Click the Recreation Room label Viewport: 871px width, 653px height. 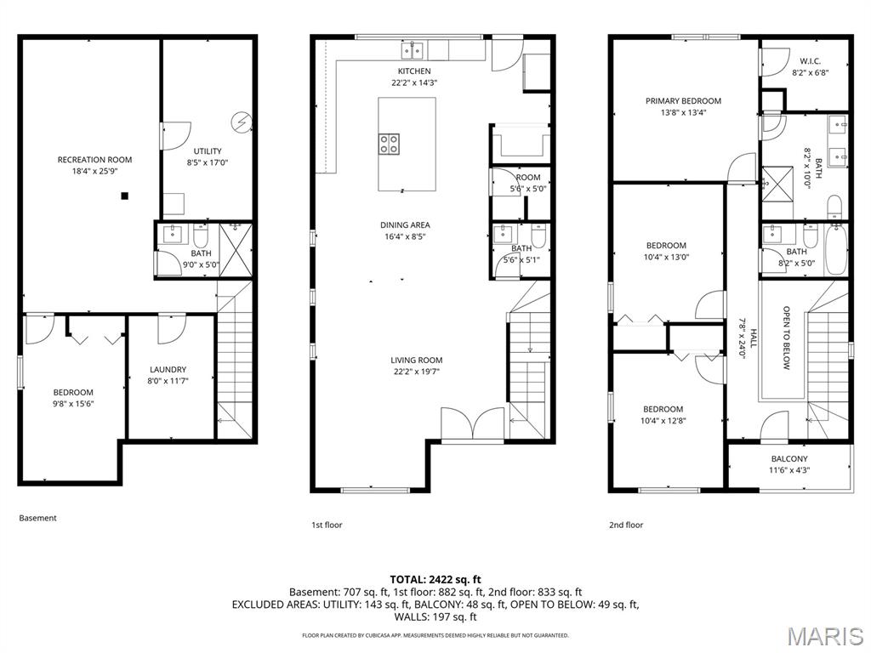(x=94, y=160)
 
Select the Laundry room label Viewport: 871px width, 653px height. (x=168, y=370)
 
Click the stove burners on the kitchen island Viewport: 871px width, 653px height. (x=390, y=144)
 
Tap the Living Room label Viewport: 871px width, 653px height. (x=416, y=360)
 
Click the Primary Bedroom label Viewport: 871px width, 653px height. (x=683, y=101)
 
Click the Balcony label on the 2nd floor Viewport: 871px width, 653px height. (x=788, y=459)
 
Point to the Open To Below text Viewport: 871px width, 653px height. (x=787, y=338)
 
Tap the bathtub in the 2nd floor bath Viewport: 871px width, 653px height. (x=835, y=249)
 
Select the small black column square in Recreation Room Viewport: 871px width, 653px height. (x=124, y=196)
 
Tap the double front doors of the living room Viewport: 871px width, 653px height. (x=472, y=424)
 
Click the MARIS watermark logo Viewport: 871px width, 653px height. (x=824, y=635)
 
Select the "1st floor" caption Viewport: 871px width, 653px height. (x=327, y=525)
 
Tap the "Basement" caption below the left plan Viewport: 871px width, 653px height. (x=37, y=518)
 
